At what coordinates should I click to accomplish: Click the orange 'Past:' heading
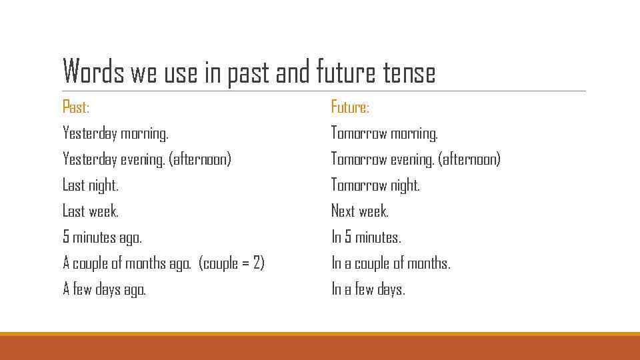[75, 107]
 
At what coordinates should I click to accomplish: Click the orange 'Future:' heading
[350, 107]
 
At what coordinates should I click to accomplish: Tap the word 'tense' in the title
[409, 72]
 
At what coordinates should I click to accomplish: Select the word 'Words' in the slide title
[93, 72]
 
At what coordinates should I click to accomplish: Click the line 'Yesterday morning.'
[115, 133]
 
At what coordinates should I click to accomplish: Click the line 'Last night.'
[91, 185]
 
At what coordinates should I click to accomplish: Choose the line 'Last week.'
[91, 211]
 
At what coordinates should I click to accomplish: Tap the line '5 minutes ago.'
[102, 237]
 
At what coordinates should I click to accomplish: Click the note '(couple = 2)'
[232, 263]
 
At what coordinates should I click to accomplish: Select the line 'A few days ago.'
[104, 289]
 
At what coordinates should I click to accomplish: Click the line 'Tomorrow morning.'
[385, 133]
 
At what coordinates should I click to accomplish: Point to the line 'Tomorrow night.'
[375, 185]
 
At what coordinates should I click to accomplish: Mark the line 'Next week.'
[360, 211]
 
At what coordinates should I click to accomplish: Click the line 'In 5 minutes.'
[366, 237]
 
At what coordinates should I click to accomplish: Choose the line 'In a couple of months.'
[391, 263]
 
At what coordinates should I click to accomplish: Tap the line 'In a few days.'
[368, 289]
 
